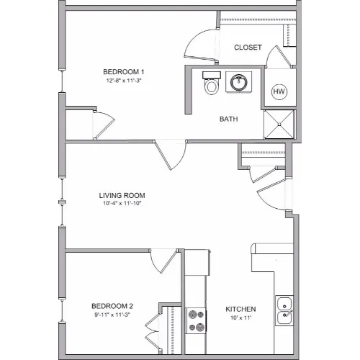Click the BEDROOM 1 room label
pyautogui.click(x=124, y=72)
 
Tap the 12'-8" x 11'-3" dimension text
pyautogui.click(x=123, y=81)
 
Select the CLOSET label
pyautogui.click(x=248, y=48)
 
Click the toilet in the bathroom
pyautogui.click(x=212, y=83)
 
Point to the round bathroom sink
pyautogui.click(x=238, y=82)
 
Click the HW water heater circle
pyautogui.click(x=279, y=91)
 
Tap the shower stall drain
pyautogui.click(x=279, y=124)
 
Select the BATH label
pyautogui.click(x=229, y=119)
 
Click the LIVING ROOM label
pyautogui.click(x=122, y=195)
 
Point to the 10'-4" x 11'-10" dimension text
pyautogui.click(x=122, y=203)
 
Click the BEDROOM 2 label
pyautogui.click(x=112, y=306)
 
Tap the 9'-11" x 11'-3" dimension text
pyautogui.click(x=112, y=315)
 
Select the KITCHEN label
pyautogui.click(x=240, y=309)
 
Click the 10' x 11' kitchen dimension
pyautogui.click(x=240, y=318)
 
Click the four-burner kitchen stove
pyautogui.click(x=197, y=321)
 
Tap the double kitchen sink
pyautogui.click(x=284, y=310)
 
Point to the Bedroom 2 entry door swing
pyautogui.click(x=164, y=261)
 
